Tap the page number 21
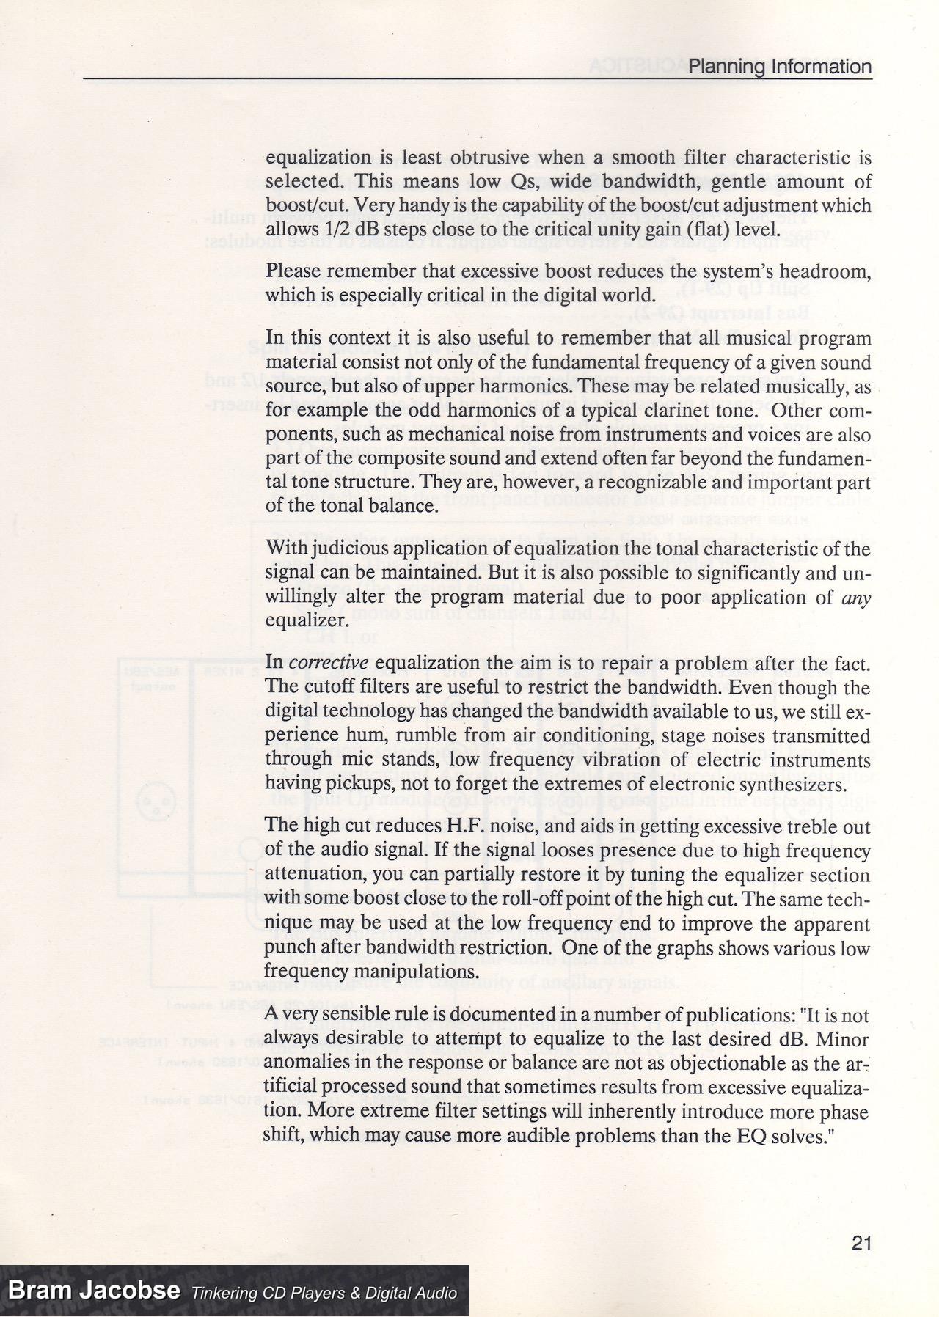[x=861, y=1243]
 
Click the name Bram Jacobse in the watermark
[x=93, y=1291]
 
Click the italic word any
[x=856, y=598]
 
